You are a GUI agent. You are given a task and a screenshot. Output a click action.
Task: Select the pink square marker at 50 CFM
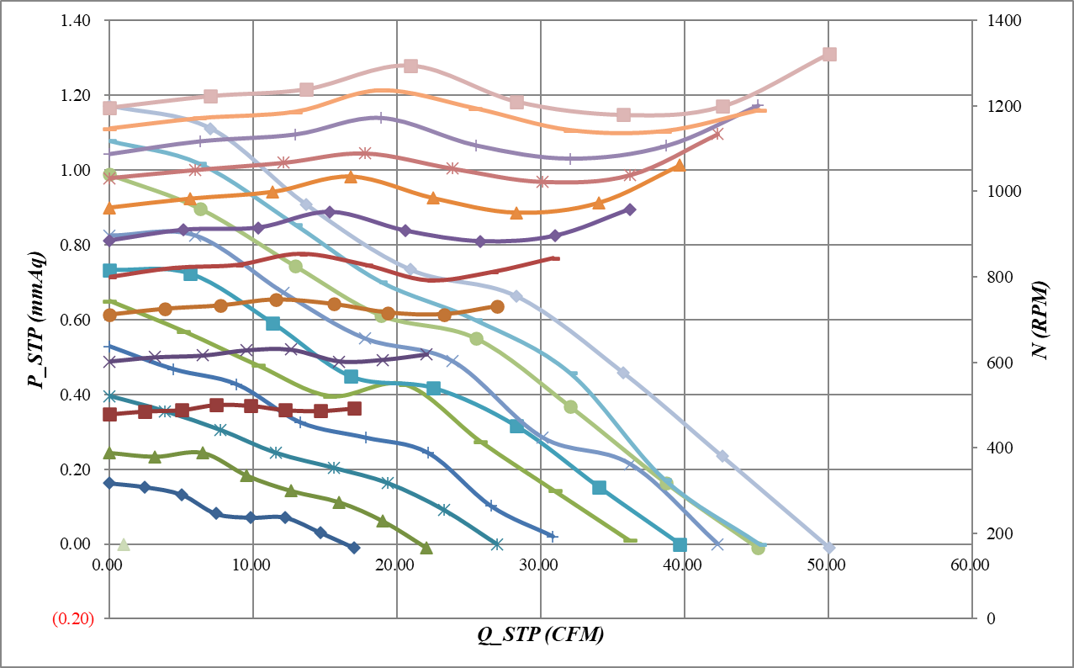829,55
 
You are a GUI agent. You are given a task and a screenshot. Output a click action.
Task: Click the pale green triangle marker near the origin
124,545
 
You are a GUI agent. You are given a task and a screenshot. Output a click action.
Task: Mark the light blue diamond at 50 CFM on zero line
829,548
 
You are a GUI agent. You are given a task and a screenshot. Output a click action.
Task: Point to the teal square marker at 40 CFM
680,545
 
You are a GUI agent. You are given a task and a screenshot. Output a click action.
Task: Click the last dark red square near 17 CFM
354,409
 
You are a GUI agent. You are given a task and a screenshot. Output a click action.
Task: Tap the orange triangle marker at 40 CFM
679,166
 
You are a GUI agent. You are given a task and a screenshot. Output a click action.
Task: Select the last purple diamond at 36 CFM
630,209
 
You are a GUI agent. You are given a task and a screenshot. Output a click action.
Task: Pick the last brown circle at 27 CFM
497,307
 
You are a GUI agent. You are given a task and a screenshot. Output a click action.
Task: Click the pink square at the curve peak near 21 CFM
410,66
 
